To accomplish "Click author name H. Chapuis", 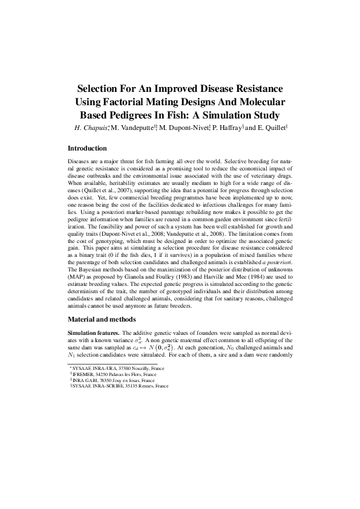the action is tap(91, 128).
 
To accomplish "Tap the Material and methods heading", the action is tap(101, 319).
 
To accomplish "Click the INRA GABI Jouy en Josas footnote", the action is tap(108, 380).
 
